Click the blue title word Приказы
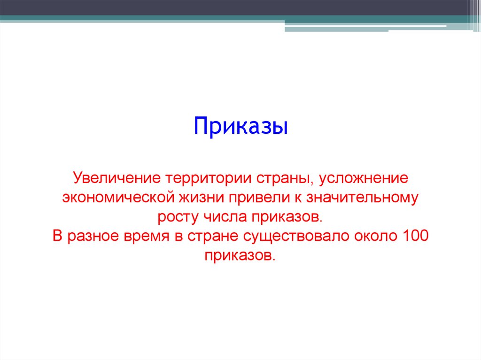coord(240,128)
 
